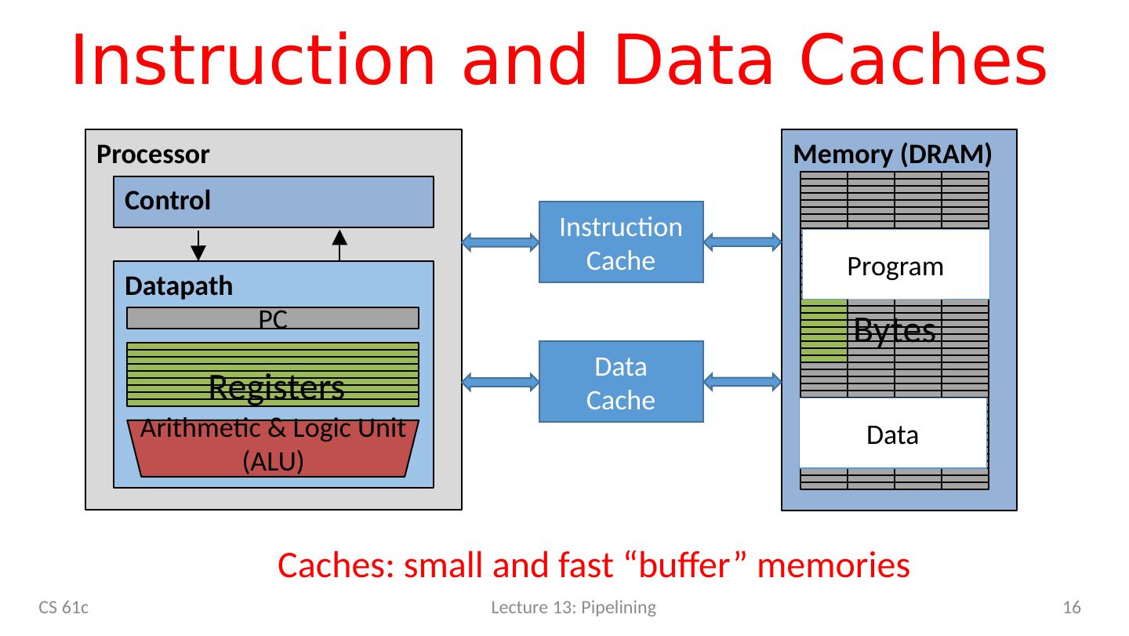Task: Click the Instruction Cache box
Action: click(x=621, y=242)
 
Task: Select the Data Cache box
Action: click(x=621, y=382)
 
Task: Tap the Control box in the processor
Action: click(x=274, y=202)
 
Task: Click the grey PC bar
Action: click(x=272, y=318)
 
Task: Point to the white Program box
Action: click(x=895, y=265)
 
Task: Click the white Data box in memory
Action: click(x=892, y=434)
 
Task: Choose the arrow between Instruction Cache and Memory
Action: click(x=742, y=242)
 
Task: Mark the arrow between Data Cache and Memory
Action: click(x=742, y=382)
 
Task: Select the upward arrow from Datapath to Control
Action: click(x=339, y=244)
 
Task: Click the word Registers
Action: click(x=277, y=387)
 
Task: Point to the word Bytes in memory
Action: click(x=895, y=330)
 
